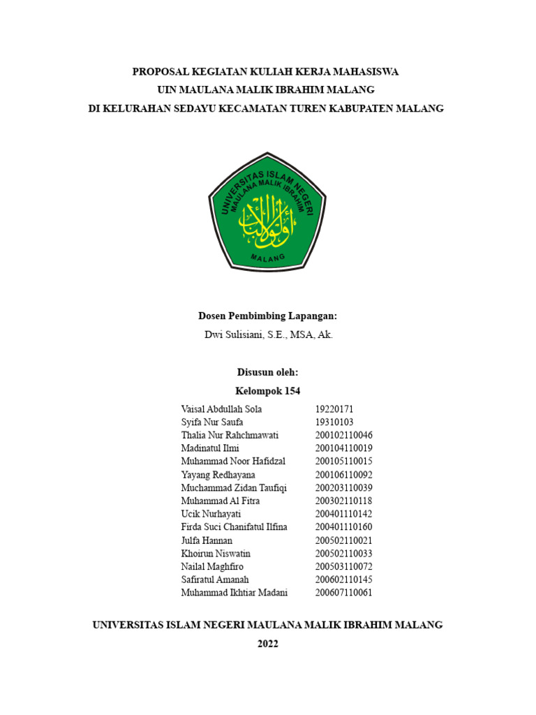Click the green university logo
point(267,216)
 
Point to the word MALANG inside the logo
point(268,258)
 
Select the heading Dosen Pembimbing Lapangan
point(268,316)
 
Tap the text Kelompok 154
point(268,391)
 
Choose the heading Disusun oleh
point(268,372)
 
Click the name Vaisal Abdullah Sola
point(221,409)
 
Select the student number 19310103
point(335,422)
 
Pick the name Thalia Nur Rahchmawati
point(230,435)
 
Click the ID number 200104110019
point(344,448)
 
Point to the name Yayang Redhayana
point(218,475)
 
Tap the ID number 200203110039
point(344,487)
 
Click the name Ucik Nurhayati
point(211,514)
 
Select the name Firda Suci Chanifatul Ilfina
point(234,527)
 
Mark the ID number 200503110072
point(344,566)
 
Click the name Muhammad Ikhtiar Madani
point(234,593)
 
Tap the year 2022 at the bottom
point(268,644)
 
